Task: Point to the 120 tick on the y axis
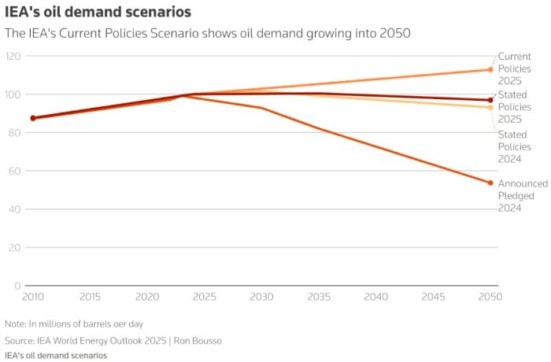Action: click(13, 56)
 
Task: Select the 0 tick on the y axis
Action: click(17, 286)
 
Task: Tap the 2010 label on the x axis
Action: click(32, 297)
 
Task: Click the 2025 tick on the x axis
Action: click(204, 297)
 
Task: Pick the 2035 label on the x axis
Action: click(319, 297)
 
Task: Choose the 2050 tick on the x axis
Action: click(490, 297)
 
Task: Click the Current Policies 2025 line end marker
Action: click(490, 70)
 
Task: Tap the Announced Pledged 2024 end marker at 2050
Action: click(490, 183)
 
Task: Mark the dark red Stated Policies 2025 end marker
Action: click(490, 100)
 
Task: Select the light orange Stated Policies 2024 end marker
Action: click(490, 107)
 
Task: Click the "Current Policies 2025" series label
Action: click(516, 69)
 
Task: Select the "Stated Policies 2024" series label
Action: click(516, 146)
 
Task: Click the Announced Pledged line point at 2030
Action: click(261, 108)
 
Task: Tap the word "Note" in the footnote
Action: click(15, 324)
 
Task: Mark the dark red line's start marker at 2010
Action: click(32, 118)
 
